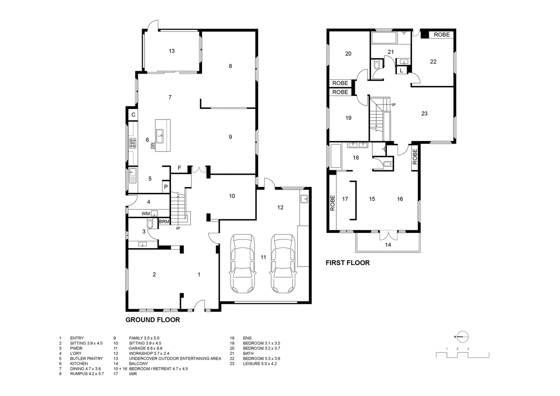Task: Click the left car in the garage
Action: (x=242, y=263)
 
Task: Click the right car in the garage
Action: (x=283, y=263)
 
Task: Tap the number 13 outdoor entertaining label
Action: (x=172, y=51)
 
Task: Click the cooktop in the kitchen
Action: (x=133, y=143)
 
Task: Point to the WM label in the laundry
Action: (x=145, y=213)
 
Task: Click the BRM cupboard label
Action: (x=164, y=222)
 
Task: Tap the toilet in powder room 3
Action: (x=150, y=224)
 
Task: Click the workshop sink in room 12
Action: (x=304, y=199)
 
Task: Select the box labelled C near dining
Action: (x=133, y=115)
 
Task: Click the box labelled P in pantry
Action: (x=166, y=187)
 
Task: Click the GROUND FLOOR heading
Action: (x=152, y=320)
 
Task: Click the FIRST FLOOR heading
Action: (x=347, y=263)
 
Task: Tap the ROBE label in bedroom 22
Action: (x=442, y=35)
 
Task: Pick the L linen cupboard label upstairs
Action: (x=401, y=70)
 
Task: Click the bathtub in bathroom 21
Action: (x=384, y=38)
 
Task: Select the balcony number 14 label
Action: (x=388, y=245)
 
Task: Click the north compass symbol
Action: (x=463, y=336)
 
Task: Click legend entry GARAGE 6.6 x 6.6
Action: (x=145, y=348)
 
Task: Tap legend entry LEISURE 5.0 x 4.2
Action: (x=259, y=364)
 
